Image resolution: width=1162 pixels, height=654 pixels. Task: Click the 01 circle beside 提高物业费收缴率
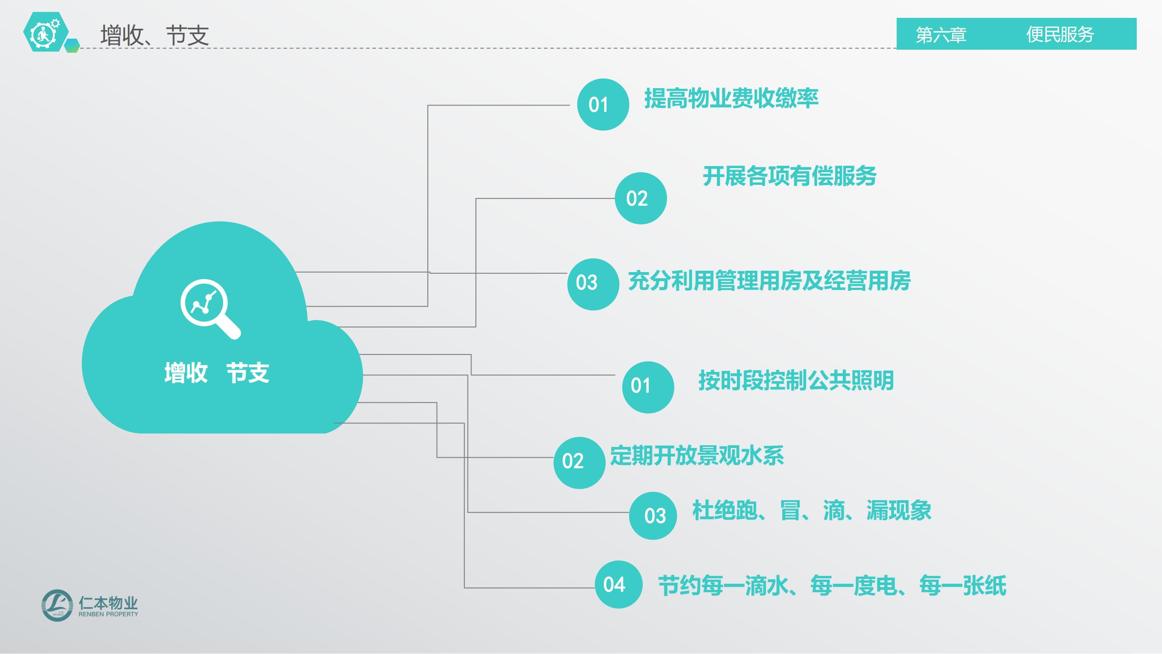(603, 105)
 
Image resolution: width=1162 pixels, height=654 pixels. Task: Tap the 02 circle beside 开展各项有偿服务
(640, 198)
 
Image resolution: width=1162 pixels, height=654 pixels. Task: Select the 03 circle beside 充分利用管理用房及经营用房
(593, 284)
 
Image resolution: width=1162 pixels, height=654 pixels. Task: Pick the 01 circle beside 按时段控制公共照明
(648, 387)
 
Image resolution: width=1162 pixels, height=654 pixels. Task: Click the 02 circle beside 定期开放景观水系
(579, 463)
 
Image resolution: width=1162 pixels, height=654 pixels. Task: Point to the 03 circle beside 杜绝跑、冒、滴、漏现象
(653, 516)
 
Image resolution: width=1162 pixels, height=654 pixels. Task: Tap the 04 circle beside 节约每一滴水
(618, 585)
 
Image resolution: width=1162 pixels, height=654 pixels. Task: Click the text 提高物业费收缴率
(731, 99)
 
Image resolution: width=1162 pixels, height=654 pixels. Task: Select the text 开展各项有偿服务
(789, 176)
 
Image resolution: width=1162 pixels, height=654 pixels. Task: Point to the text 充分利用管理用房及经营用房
(769, 281)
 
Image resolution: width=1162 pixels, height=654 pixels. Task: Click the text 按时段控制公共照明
(796, 380)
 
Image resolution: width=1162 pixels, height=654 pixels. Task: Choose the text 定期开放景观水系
(697, 456)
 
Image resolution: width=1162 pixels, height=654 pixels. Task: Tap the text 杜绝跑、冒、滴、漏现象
(812, 511)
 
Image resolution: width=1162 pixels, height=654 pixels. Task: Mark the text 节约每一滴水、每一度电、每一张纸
(832, 586)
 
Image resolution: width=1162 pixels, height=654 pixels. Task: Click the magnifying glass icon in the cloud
(210, 309)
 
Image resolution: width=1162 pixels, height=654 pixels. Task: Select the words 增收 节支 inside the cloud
(217, 373)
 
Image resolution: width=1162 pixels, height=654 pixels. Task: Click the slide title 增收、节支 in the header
(155, 35)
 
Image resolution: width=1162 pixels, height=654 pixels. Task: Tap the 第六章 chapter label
(941, 35)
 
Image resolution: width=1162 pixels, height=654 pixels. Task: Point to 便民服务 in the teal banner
(1060, 34)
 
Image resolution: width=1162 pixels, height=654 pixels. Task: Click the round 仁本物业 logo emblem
(57, 605)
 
